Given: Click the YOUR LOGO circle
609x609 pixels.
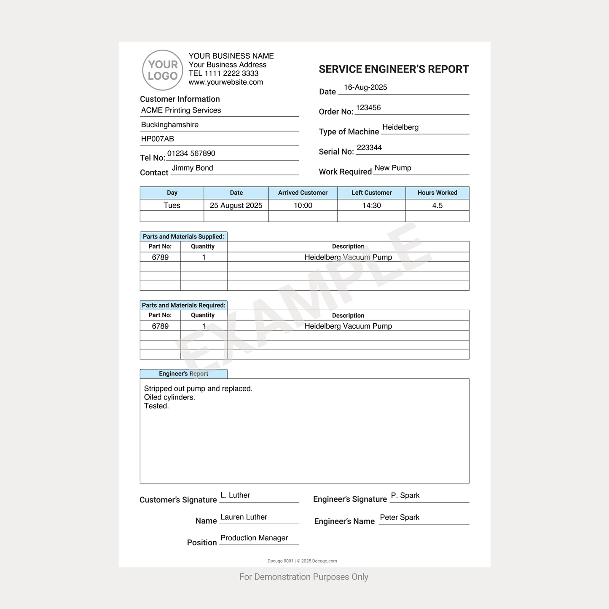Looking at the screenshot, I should [x=163, y=70].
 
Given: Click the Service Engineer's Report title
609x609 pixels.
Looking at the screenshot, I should [x=394, y=70].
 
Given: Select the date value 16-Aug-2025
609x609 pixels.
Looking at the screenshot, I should [x=365, y=88].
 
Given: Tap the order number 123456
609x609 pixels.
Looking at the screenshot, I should [x=368, y=108].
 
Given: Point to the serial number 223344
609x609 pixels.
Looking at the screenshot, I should [x=369, y=148].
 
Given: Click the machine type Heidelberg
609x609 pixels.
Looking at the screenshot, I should [x=400, y=127].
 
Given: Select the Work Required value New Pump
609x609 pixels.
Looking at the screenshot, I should [x=393, y=168].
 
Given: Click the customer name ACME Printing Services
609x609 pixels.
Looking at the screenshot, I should [x=181, y=110].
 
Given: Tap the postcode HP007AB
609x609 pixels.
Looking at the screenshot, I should [x=158, y=139].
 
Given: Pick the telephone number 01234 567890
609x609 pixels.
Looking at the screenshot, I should [x=191, y=154].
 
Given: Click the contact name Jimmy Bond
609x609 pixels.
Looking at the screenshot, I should [x=192, y=168].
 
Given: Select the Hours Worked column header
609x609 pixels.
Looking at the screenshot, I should [x=437, y=193].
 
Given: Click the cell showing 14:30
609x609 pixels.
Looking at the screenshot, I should [x=371, y=206].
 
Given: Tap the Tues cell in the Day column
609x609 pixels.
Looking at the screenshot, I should [x=172, y=206].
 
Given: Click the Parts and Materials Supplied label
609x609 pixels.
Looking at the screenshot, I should [x=183, y=237].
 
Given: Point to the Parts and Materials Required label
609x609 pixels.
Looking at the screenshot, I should [x=183, y=306].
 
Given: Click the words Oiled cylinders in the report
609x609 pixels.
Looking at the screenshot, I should [x=169, y=397].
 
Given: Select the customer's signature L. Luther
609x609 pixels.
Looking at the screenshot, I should [x=235, y=496].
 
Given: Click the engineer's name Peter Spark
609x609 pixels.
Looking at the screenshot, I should [x=400, y=518].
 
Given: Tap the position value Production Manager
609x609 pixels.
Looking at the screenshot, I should [x=254, y=538].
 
